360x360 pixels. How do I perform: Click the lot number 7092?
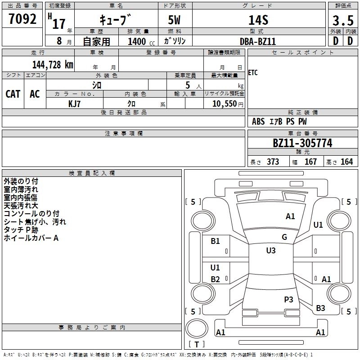(x=22, y=19)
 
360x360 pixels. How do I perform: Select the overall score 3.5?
(x=342, y=21)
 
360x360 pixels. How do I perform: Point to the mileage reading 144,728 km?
(x=53, y=64)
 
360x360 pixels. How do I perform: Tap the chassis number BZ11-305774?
(x=302, y=143)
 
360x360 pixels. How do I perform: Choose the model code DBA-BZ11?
(x=257, y=41)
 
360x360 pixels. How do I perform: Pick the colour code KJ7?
(x=74, y=103)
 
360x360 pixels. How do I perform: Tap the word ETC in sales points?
(x=253, y=73)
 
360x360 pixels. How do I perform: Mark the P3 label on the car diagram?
(x=288, y=299)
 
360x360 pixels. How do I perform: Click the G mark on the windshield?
(x=284, y=237)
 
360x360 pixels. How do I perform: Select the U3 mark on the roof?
(x=270, y=251)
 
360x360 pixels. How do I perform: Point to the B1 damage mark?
(x=216, y=241)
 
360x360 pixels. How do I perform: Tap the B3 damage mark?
(x=320, y=308)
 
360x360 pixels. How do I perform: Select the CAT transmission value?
(x=13, y=94)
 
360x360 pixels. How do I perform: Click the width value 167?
(x=310, y=162)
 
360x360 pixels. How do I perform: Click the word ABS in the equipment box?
(x=258, y=121)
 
